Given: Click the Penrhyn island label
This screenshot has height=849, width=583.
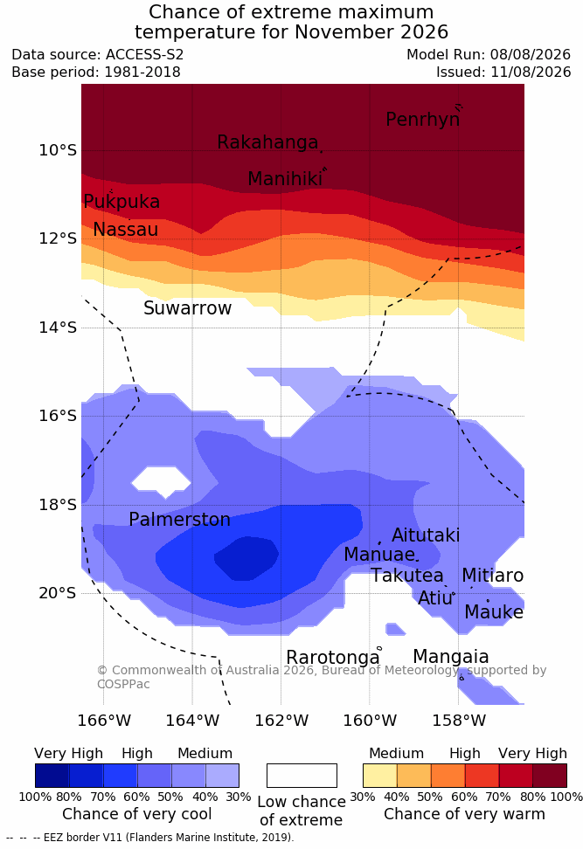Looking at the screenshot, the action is [423, 120].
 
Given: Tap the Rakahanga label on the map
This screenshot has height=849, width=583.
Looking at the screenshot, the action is [267, 141].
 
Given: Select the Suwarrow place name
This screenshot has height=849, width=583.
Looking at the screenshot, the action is [187, 308].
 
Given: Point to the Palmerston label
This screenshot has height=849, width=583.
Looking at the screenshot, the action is [179, 520].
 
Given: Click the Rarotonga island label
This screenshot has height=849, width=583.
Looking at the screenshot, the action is [333, 658].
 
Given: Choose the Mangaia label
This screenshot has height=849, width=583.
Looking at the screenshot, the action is [451, 657].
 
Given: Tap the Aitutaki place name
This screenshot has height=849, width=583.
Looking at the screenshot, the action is [426, 535].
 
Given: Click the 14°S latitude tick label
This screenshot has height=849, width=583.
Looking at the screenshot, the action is [58, 328].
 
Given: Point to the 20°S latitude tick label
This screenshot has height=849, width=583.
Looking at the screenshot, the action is [58, 593].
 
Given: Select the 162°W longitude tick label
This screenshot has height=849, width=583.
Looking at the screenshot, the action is [281, 721].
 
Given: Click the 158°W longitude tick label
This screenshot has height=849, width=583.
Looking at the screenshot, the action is [458, 721].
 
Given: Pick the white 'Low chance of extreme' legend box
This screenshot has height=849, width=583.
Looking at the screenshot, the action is [302, 776].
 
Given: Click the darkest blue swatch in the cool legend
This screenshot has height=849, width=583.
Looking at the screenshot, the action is [52, 776].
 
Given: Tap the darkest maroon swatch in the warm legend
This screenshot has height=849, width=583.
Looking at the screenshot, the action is [550, 776].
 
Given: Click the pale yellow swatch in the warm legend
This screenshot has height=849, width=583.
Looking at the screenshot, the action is [380, 776].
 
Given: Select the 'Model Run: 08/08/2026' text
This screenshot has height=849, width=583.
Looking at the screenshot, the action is [489, 55].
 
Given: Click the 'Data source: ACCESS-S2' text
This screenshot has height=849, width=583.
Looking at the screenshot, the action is [98, 55].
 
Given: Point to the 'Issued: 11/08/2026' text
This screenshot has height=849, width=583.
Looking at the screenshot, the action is [503, 72].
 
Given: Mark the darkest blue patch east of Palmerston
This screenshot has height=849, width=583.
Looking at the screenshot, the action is [246, 558].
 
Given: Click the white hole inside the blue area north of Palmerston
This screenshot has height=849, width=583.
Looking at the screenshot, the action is [162, 480].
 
